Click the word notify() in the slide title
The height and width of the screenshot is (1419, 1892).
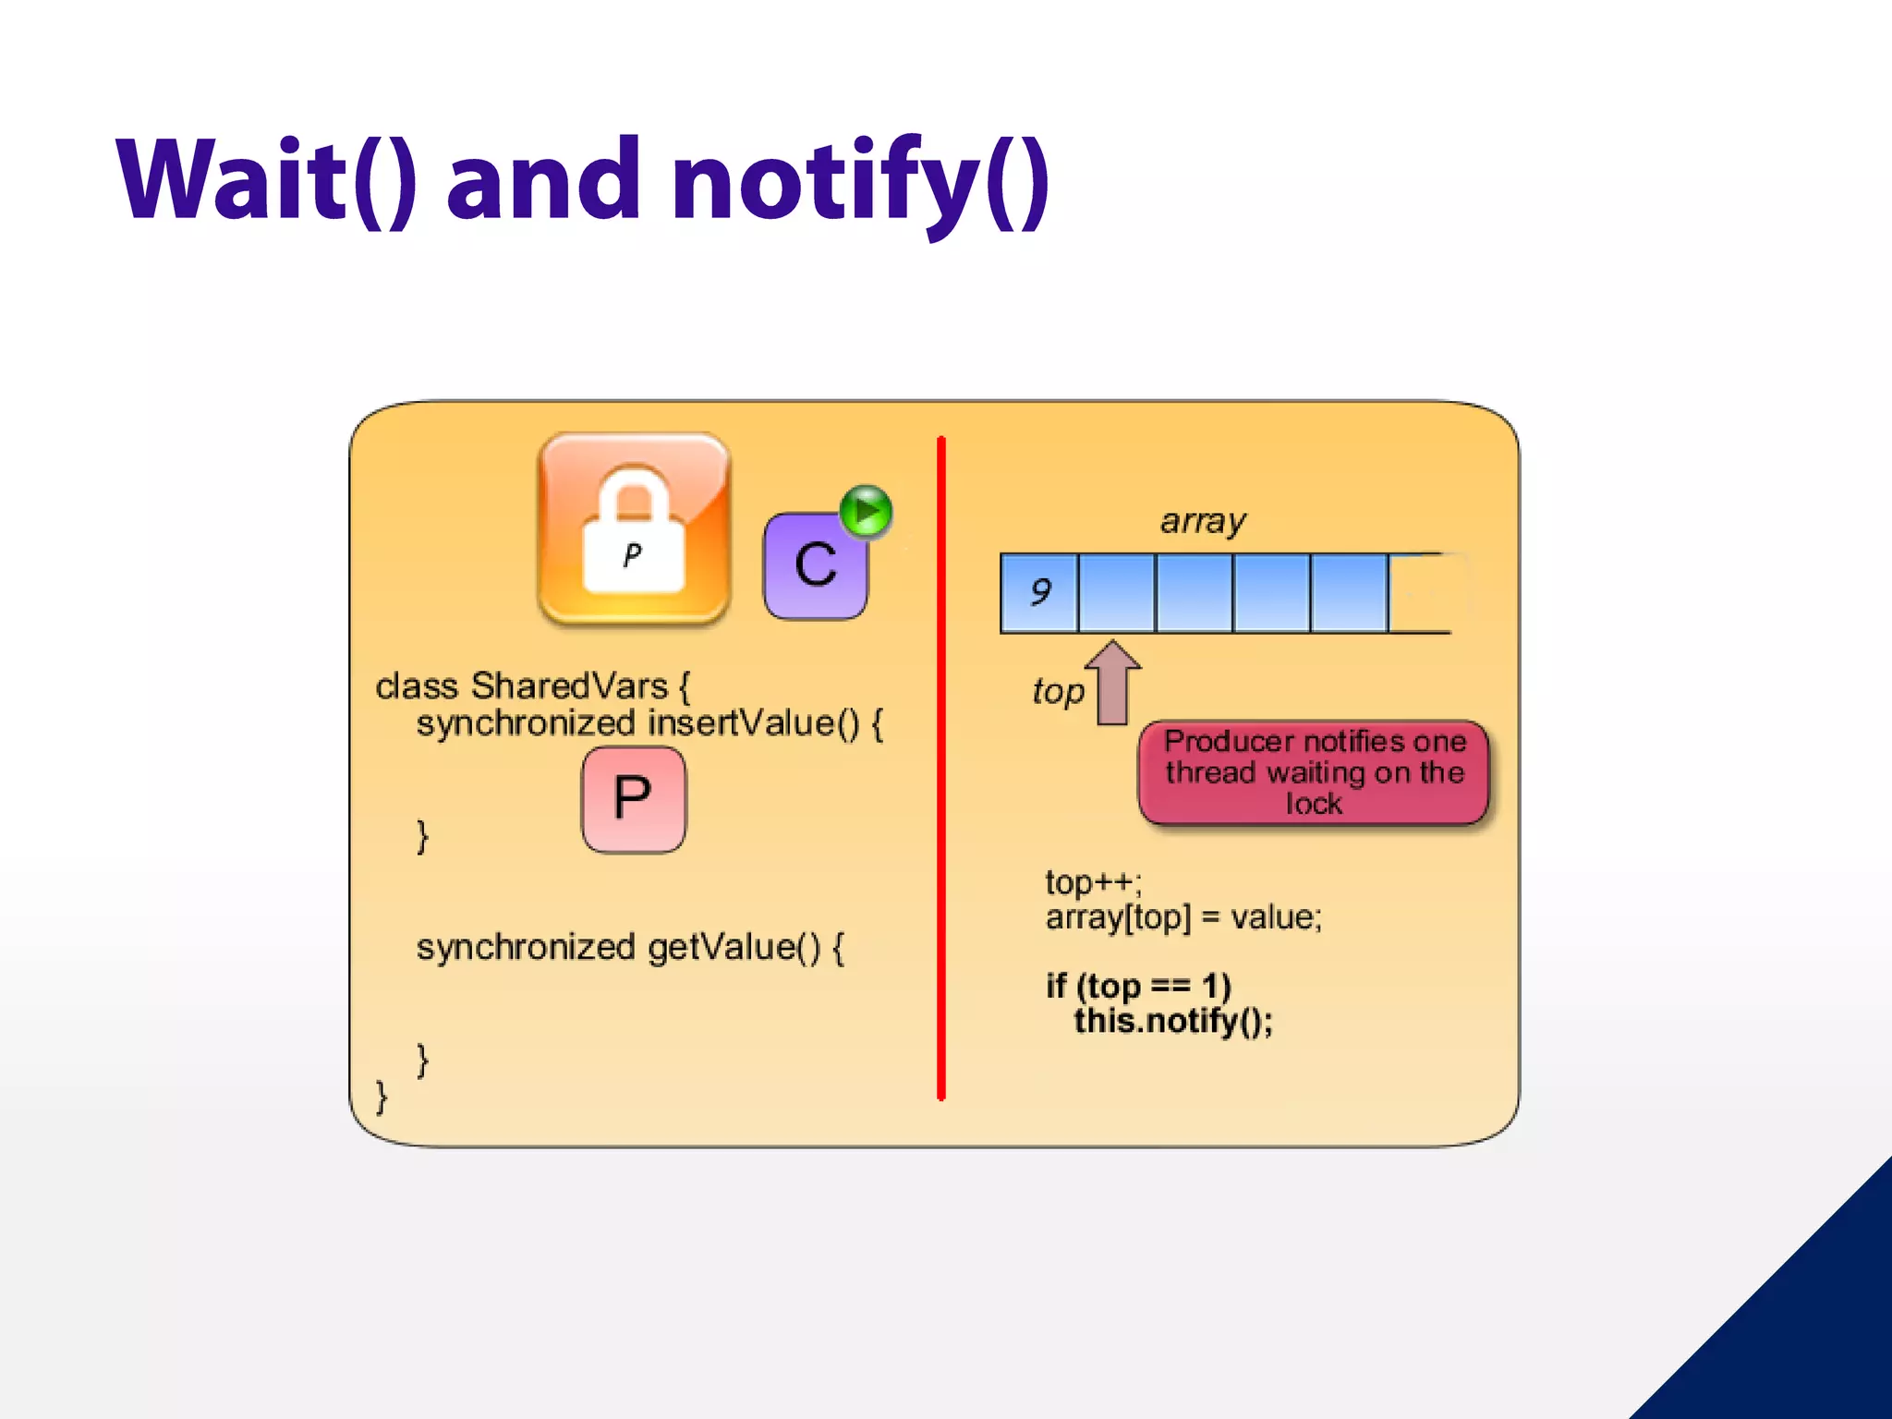[860, 180]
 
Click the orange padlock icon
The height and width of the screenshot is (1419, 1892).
[634, 528]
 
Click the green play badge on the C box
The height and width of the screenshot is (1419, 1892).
[867, 511]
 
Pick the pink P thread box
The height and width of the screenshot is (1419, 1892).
[634, 799]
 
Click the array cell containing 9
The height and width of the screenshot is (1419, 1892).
[1039, 592]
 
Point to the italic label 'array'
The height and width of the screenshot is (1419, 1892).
[1203, 521]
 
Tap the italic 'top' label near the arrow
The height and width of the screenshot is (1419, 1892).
[1058, 691]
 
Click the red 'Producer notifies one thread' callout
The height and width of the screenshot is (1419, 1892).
[1314, 772]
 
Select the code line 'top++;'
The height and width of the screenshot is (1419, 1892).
[1093, 882]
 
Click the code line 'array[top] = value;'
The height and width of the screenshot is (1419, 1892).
[1183, 917]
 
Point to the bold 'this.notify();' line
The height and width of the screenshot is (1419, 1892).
[1172, 1021]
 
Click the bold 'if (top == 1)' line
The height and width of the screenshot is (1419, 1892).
[1138, 986]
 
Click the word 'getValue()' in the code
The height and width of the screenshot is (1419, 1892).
[734, 947]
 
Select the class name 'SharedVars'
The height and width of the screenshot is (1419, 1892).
[569, 686]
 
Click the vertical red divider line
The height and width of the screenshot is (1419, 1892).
[940, 767]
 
